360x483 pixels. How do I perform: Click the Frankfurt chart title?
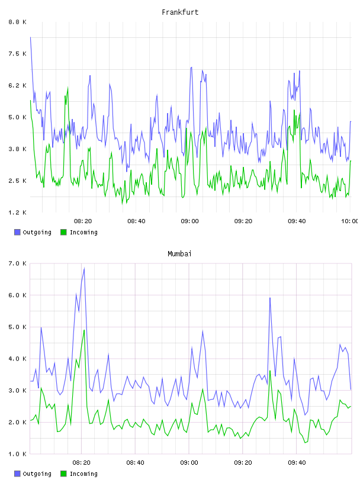(180, 12)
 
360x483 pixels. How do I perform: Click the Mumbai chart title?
(179, 254)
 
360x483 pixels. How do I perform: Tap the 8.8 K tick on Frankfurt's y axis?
(18, 22)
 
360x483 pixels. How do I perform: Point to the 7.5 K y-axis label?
(18, 54)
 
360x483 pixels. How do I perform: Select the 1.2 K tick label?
(18, 212)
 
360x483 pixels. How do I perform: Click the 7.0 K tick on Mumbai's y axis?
(18, 263)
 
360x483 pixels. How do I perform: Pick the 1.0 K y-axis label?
(18, 454)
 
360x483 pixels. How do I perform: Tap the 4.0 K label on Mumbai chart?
(18, 359)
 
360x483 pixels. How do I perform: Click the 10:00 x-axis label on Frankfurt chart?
(349, 221)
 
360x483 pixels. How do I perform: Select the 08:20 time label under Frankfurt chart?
(83, 221)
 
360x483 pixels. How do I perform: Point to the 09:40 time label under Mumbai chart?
(297, 463)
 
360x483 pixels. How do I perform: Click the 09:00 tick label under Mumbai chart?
(189, 463)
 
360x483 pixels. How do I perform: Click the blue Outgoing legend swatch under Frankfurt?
(17, 232)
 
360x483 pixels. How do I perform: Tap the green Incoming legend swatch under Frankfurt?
(63, 232)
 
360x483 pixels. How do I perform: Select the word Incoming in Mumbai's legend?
(83, 474)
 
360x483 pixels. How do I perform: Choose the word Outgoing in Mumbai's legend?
(37, 474)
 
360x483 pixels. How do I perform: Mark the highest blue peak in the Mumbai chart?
(84, 269)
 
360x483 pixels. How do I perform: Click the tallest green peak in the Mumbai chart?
(84, 330)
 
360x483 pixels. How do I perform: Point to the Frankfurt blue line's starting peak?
(30, 37)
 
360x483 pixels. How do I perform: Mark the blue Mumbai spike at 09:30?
(270, 298)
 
